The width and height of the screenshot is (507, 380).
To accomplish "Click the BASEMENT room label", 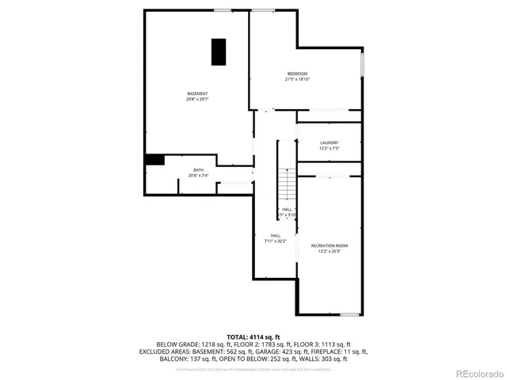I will [x=197, y=93].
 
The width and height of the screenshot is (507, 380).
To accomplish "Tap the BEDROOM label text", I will [x=297, y=74].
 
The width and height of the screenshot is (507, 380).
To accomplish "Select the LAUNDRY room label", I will [x=330, y=142].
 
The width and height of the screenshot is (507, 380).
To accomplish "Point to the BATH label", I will [x=198, y=170].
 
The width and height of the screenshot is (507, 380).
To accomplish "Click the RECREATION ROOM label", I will [x=330, y=246].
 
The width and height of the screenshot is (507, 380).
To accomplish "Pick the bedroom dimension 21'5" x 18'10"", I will [x=297, y=79].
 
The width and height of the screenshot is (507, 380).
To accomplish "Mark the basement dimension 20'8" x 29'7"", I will [x=197, y=99].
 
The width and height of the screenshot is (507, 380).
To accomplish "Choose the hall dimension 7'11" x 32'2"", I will [x=275, y=241].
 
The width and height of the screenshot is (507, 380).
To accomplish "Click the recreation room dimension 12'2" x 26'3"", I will [x=330, y=252].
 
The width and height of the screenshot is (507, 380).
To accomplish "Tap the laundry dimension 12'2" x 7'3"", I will [x=330, y=148].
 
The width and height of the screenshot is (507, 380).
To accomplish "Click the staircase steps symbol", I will [x=286, y=186].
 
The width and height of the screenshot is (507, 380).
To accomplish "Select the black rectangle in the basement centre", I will [x=218, y=51].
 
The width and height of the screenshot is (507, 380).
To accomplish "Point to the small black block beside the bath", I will [x=154, y=159].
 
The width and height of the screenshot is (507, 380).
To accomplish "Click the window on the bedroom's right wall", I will [x=363, y=64].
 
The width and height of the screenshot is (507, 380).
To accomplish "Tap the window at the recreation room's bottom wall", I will [x=349, y=314].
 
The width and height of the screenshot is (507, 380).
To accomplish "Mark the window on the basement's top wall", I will [x=223, y=9].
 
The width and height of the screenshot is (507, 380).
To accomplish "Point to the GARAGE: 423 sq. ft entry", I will [x=285, y=351].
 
